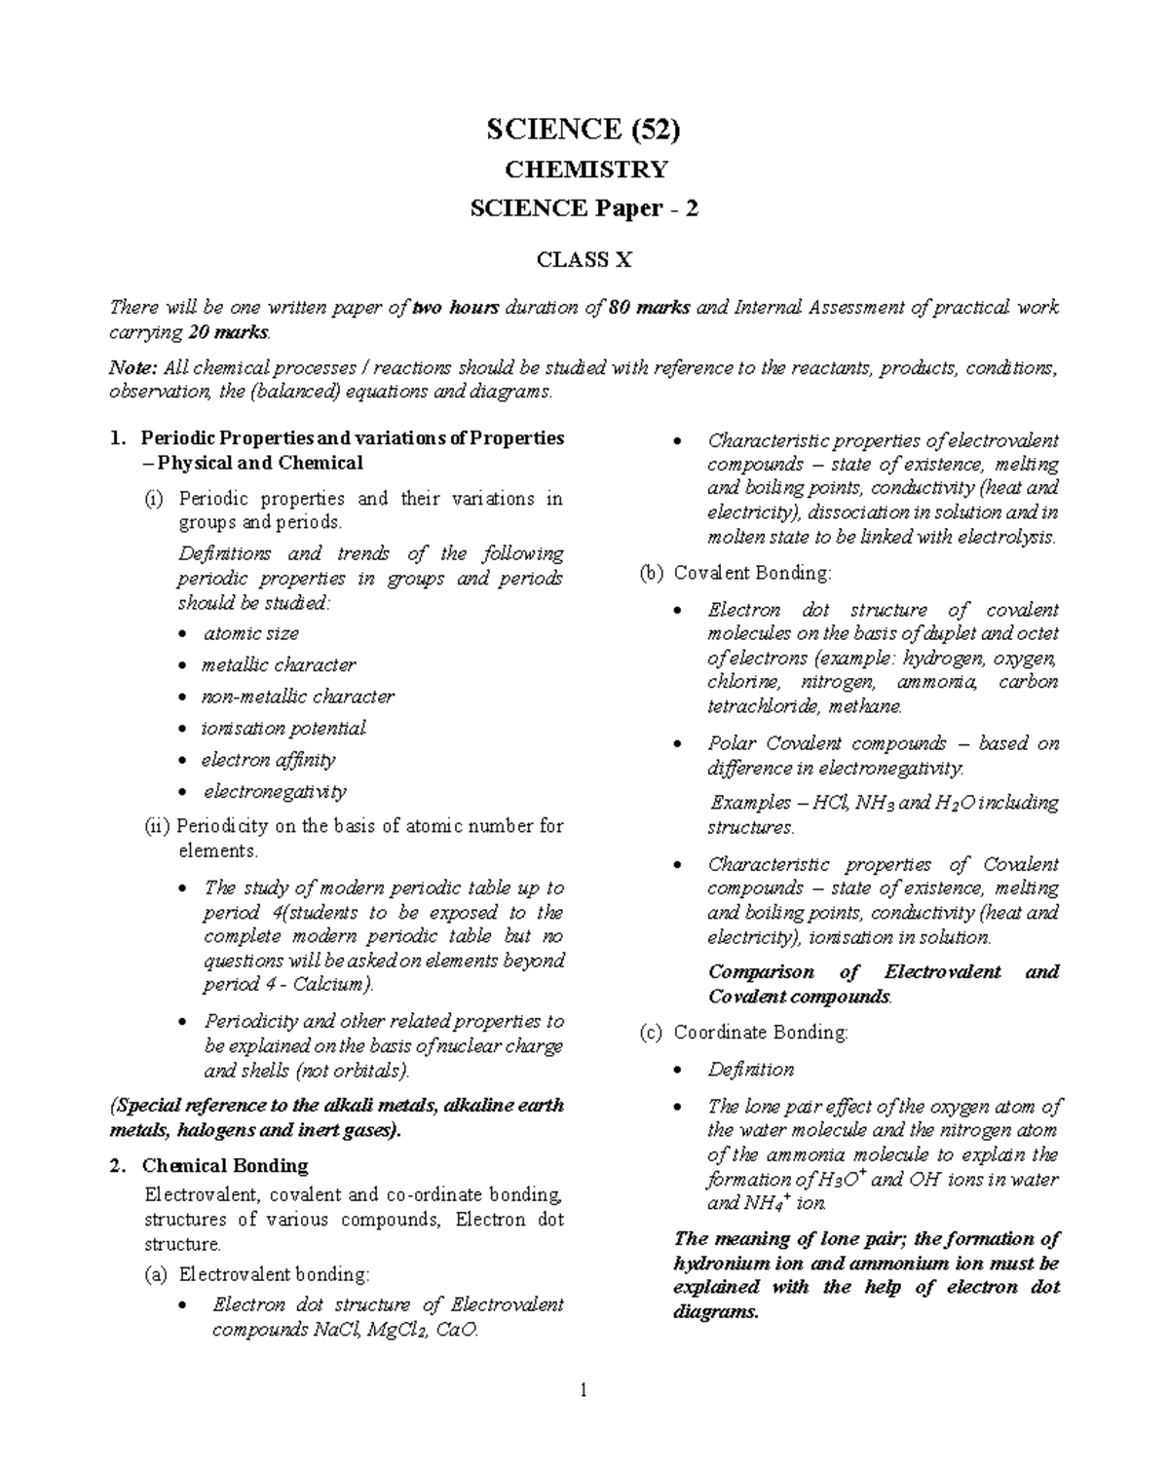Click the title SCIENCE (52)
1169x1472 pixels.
click(584, 129)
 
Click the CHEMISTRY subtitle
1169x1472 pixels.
click(584, 170)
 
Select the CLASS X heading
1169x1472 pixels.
click(584, 260)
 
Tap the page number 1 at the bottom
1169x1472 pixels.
click(584, 1390)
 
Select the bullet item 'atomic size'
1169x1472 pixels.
click(250, 633)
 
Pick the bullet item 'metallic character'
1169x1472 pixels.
click(278, 665)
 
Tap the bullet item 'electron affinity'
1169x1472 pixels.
click(268, 760)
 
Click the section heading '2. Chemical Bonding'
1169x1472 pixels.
click(224, 1166)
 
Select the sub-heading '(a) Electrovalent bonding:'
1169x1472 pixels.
click(257, 1273)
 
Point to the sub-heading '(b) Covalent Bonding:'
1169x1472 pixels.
click(735, 573)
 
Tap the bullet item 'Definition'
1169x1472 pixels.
click(750, 1070)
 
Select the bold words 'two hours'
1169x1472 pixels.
click(456, 308)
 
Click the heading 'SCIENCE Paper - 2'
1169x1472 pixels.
click(584, 208)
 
